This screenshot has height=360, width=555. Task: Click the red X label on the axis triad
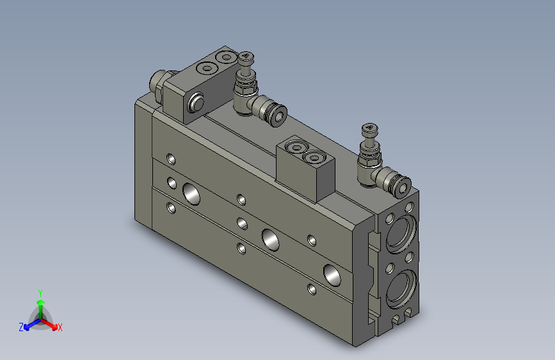point(60,327)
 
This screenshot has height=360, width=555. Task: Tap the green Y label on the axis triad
point(40,292)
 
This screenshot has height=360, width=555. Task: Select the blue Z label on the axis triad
point(21,327)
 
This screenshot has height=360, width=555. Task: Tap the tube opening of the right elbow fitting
point(403,186)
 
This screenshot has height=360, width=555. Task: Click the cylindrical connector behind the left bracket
point(158,83)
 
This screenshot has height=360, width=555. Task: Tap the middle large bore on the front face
point(269,238)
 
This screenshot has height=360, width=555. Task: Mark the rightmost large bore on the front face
point(333,274)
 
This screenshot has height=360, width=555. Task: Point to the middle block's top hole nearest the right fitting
point(314,157)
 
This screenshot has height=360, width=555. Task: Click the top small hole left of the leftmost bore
point(170,158)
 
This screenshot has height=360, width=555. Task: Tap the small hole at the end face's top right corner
point(410,207)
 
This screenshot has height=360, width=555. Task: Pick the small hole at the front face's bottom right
point(311,289)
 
